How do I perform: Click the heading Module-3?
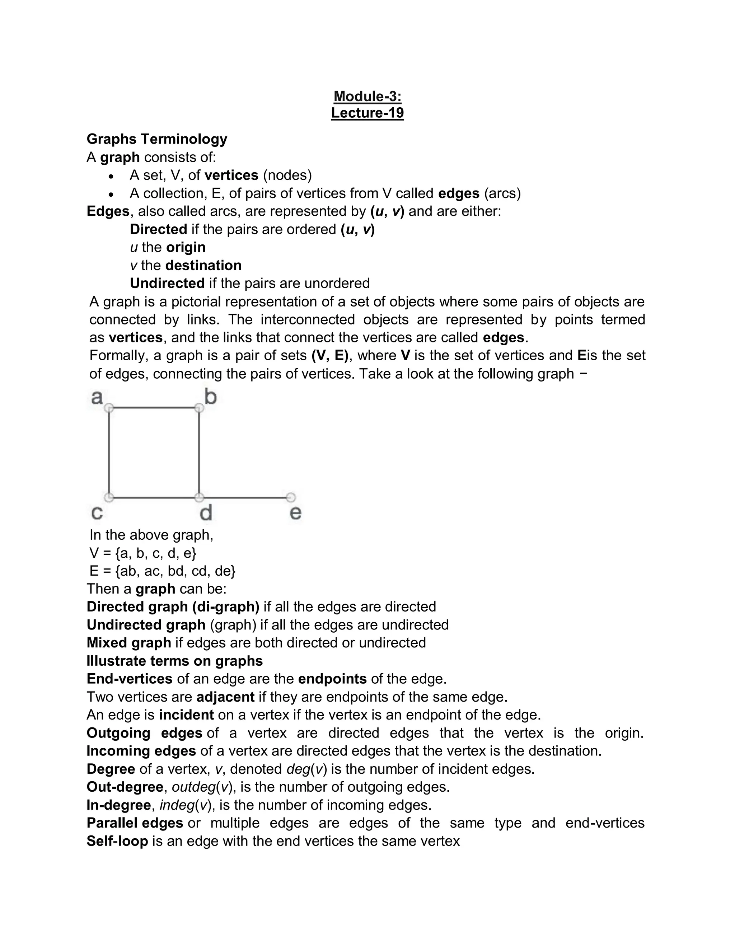click(367, 96)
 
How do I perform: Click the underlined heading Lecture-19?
click(367, 113)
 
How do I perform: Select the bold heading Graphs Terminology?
click(157, 139)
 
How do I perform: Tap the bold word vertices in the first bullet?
click(231, 175)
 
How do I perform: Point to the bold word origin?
click(186, 247)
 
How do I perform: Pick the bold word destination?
click(203, 265)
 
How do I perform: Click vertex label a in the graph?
click(97, 397)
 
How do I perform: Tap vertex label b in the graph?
click(211, 397)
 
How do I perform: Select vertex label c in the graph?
click(97, 512)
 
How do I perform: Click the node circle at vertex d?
click(199, 497)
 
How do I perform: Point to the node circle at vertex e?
click(291, 497)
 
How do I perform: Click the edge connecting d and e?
click(245, 497)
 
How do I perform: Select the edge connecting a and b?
click(154, 408)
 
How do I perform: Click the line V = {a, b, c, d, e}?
click(143, 553)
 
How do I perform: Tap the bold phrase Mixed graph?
click(129, 643)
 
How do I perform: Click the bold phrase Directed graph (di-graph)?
click(173, 606)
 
